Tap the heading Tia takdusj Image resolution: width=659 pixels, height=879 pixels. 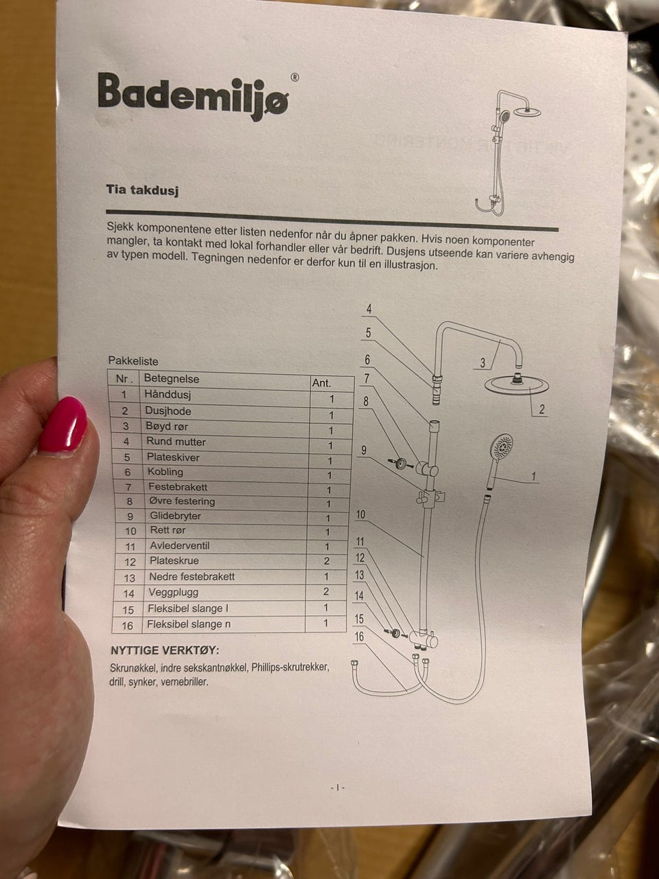[143, 190]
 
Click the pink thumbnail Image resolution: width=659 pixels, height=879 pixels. [63, 424]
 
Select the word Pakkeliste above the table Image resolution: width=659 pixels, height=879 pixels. [133, 361]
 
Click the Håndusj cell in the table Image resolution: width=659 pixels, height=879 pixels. [168, 394]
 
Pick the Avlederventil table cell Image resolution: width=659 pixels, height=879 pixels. [180, 545]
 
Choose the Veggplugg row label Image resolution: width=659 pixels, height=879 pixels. [174, 592]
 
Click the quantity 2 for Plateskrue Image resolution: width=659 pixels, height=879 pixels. [327, 561]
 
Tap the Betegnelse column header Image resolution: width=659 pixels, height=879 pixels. [171, 378]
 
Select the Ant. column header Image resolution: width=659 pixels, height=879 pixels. [322, 383]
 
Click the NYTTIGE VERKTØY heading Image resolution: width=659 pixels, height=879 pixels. [165, 651]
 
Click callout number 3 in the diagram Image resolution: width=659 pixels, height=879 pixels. [483, 363]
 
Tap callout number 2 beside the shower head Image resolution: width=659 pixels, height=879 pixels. [542, 409]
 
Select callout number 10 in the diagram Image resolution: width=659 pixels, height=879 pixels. [360, 514]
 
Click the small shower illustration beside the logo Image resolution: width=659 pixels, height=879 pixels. [508, 153]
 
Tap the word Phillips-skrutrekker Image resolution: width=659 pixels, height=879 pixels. [290, 668]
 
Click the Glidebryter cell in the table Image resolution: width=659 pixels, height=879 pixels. [175, 516]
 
